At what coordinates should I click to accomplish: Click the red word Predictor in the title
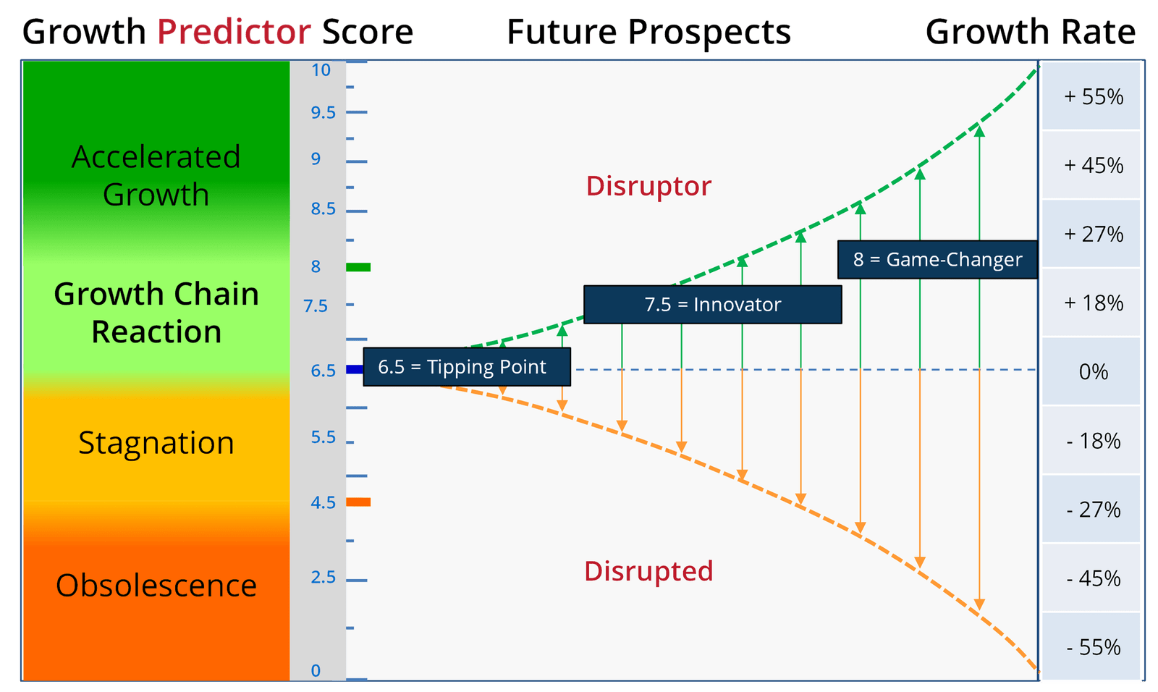pos(234,32)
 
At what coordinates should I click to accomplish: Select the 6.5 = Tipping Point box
pos(467,367)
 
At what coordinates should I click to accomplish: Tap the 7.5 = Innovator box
pos(712,305)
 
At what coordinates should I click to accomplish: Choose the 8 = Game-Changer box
pos(937,260)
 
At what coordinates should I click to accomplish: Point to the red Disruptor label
pos(648,186)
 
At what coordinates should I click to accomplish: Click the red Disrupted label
pos(648,572)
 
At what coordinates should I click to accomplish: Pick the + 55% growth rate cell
pos(1091,96)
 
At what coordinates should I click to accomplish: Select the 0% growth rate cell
pos(1091,371)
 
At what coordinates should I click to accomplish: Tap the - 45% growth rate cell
pos(1091,578)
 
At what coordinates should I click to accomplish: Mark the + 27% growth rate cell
pos(1091,234)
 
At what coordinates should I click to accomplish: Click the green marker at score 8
pos(358,267)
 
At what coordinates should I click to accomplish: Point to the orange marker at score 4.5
pos(358,502)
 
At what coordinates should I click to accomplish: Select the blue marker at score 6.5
pos(355,369)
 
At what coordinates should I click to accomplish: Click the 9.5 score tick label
pos(323,112)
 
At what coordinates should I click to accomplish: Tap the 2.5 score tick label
pos(323,577)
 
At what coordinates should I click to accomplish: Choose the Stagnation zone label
pos(156,443)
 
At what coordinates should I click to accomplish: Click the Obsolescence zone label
pos(156,586)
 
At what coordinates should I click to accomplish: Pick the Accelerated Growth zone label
pos(156,175)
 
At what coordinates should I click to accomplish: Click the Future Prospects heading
pos(648,32)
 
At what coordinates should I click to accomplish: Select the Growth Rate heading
pos(1031,32)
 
